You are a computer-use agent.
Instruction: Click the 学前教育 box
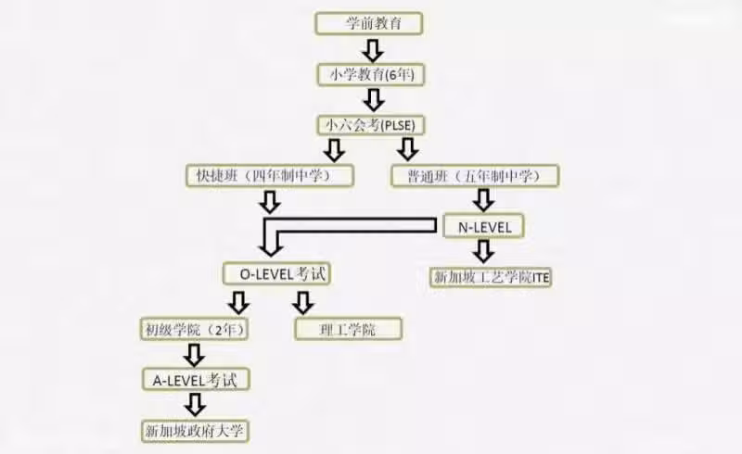click(368, 23)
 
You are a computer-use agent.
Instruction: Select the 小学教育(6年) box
click(370, 75)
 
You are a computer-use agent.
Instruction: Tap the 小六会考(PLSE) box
click(370, 125)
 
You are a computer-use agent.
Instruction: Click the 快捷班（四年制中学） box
click(270, 176)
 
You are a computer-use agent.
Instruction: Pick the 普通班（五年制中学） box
click(475, 176)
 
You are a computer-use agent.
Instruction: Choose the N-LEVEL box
click(483, 226)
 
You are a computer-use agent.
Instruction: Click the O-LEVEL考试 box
click(276, 274)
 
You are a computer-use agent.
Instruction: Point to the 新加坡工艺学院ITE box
click(492, 277)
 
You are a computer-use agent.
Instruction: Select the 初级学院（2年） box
click(194, 329)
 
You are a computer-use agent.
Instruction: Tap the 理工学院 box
click(349, 329)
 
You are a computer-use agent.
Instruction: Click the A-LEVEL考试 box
click(196, 379)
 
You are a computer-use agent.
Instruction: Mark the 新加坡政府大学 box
click(195, 431)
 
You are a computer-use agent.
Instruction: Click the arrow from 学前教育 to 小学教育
click(373, 50)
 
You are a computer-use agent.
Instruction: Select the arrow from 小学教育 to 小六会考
click(374, 100)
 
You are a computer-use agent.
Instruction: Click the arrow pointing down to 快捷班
click(334, 150)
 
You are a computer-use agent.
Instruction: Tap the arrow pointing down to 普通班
click(408, 149)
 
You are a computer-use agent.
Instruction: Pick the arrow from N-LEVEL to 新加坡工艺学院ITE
click(483, 252)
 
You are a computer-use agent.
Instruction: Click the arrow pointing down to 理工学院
click(303, 303)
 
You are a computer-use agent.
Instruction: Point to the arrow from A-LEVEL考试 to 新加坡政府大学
click(195, 405)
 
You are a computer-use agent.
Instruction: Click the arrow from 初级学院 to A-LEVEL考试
click(194, 355)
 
